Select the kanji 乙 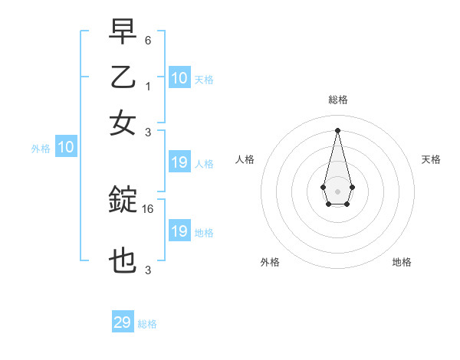point(123,77)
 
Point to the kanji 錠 point(123,201)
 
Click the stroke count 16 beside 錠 point(149,208)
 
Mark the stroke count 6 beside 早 point(148,39)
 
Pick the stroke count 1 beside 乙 point(148,87)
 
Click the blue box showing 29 point(123,322)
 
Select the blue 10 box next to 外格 point(66,148)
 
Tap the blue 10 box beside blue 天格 point(179,78)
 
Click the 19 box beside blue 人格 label point(179,162)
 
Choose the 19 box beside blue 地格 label point(179,231)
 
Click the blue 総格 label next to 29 point(148,324)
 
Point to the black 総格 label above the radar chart point(338,100)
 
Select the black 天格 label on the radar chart point(432,159)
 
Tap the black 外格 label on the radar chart point(270,262)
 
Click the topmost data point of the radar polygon point(338,130)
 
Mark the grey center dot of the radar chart point(338,190)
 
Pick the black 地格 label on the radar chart point(402,262)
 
